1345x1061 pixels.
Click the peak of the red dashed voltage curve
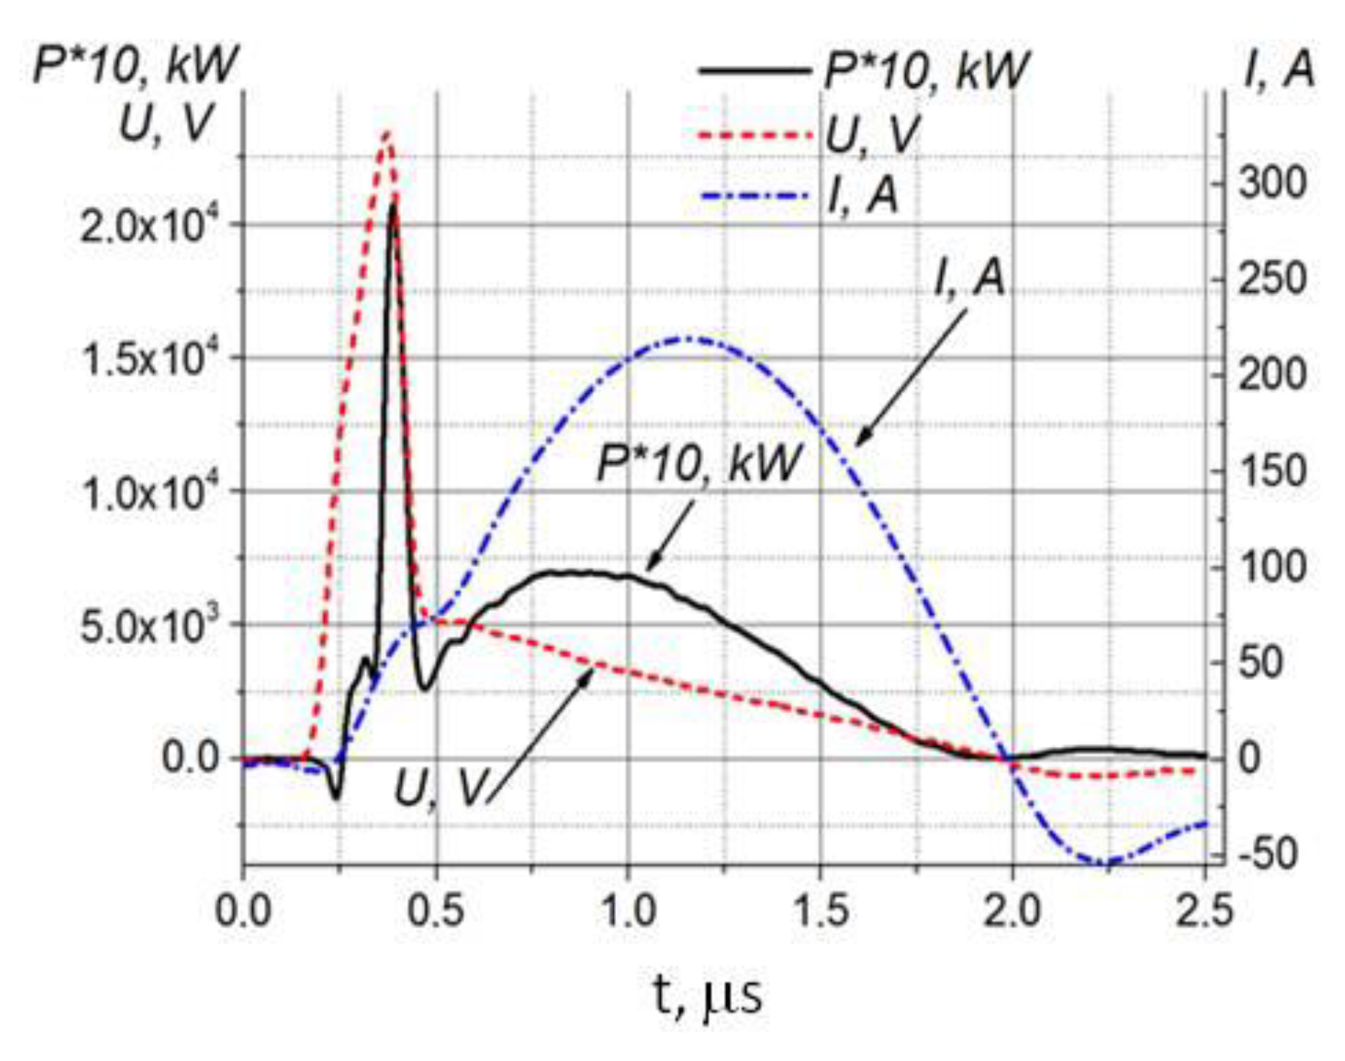(387, 133)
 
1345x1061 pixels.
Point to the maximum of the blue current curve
(689, 338)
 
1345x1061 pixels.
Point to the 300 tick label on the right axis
(1272, 184)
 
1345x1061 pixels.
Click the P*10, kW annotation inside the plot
(698, 464)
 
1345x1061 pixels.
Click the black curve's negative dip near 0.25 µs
(336, 797)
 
